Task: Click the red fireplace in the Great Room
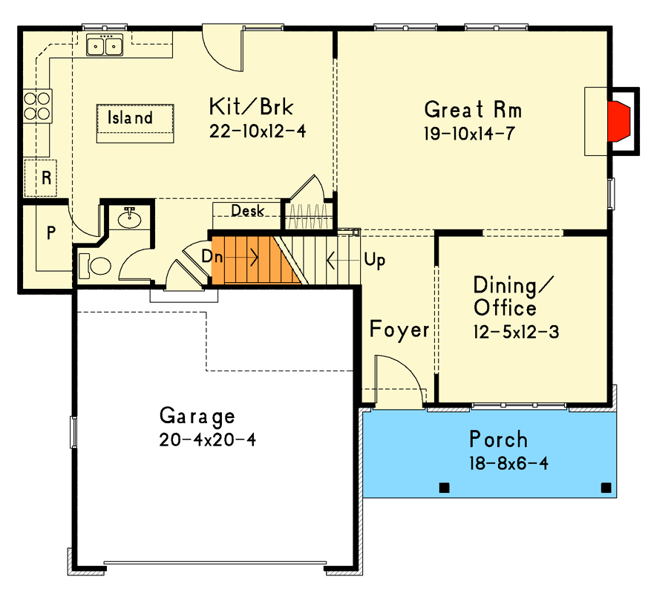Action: [x=620, y=122]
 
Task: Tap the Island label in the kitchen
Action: [x=130, y=118]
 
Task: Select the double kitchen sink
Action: [x=105, y=47]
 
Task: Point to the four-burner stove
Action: [x=38, y=105]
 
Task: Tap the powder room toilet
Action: [x=94, y=264]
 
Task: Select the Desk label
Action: [x=247, y=211]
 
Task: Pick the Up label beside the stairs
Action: [x=375, y=261]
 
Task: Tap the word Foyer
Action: [x=399, y=330]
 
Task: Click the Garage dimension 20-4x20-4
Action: [x=207, y=440]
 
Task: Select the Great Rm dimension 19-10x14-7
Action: [x=470, y=134]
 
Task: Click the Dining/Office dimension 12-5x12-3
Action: [x=515, y=332]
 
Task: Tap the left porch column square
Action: [x=444, y=488]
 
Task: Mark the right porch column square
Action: [x=606, y=488]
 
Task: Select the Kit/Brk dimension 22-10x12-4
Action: [x=258, y=131]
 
